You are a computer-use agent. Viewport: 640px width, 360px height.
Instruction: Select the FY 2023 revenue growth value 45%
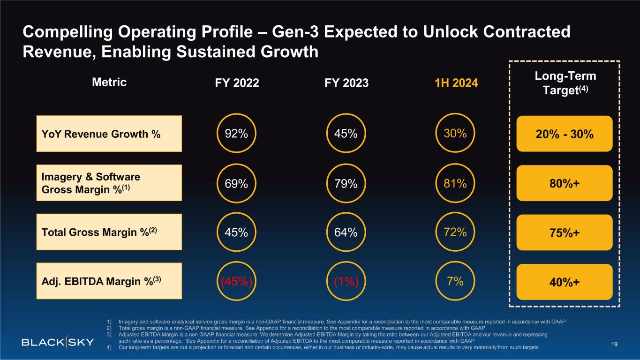click(346, 134)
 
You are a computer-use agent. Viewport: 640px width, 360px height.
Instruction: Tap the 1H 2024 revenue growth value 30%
click(455, 134)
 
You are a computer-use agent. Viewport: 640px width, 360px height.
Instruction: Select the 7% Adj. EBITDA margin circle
click(455, 282)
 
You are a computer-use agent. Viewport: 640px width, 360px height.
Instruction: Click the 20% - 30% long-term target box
click(565, 134)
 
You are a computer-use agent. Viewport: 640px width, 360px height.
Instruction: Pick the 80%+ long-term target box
click(565, 183)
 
